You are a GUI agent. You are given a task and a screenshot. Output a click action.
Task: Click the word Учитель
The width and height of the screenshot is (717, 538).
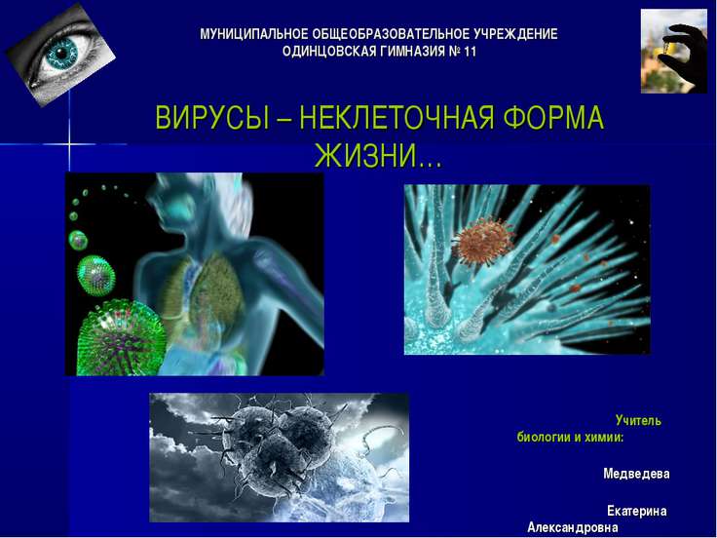(638, 421)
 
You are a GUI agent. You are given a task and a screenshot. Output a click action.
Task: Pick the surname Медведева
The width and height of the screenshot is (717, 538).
(636, 474)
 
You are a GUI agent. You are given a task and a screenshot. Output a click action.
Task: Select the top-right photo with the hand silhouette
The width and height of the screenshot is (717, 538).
(673, 51)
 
